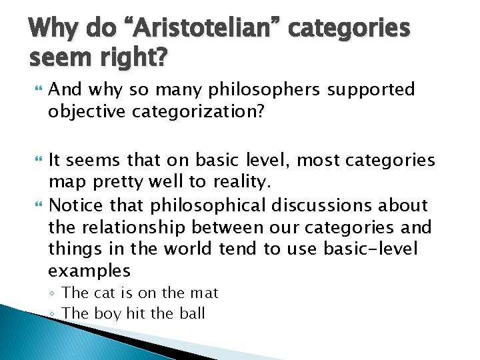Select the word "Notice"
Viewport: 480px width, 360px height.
(73, 205)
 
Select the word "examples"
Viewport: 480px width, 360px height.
(89, 270)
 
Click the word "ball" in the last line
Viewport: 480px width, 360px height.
(193, 313)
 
